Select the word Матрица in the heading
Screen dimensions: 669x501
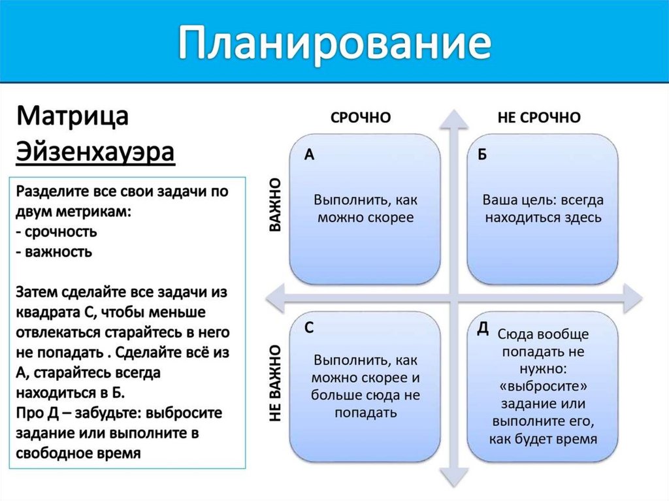pyautogui.click(x=73, y=118)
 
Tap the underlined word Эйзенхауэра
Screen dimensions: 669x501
pyautogui.click(x=95, y=153)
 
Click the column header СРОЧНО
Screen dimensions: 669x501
pyautogui.click(x=361, y=118)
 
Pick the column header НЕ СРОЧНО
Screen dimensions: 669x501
pyautogui.click(x=539, y=118)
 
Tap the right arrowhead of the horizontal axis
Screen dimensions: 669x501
pyautogui.click(x=632, y=298)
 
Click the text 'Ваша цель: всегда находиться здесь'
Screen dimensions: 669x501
pyautogui.click(x=542, y=208)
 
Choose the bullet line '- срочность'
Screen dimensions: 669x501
pyautogui.click(x=57, y=231)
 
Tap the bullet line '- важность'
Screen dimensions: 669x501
pyautogui.click(x=54, y=251)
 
